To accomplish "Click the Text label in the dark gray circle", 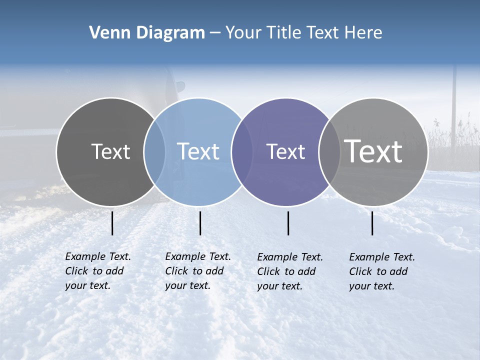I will tap(110, 151).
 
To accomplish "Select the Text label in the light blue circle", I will tap(198, 151).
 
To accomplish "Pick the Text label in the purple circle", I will tap(286, 151).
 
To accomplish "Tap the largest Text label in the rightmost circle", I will tap(373, 151).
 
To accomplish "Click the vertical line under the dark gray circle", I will tap(112, 223).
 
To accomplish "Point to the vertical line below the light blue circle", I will tap(200, 223).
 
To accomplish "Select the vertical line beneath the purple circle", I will tap(288, 223).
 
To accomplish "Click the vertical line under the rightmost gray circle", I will tap(372, 223).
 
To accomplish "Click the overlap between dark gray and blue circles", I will tap(154, 151).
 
